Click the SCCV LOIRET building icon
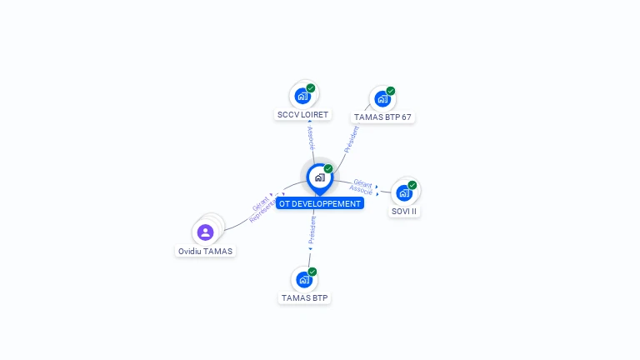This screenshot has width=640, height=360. click(x=303, y=96)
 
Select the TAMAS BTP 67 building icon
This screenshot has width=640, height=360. click(x=382, y=99)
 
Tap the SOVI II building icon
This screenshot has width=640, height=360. click(x=404, y=193)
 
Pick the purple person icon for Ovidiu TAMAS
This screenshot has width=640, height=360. click(x=206, y=232)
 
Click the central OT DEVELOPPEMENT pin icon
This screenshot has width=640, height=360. click(x=319, y=177)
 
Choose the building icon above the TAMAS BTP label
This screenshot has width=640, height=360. click(x=304, y=280)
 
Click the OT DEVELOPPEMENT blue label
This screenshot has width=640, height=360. click(x=320, y=203)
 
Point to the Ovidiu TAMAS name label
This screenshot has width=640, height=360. click(x=206, y=251)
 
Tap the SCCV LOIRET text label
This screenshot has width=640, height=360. click(x=302, y=115)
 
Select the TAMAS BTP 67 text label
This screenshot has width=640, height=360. click(x=382, y=117)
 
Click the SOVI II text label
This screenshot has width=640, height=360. click(x=404, y=212)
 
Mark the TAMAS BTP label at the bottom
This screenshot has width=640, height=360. click(x=305, y=298)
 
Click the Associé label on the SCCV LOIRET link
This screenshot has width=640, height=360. click(x=311, y=138)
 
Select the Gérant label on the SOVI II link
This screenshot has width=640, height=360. click(x=362, y=182)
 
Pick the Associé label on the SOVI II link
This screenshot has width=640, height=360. click(x=361, y=191)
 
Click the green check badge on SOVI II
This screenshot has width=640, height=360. click(x=412, y=185)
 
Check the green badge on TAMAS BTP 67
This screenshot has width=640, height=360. click(x=391, y=91)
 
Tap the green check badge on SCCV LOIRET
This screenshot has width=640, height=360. click(x=311, y=87)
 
